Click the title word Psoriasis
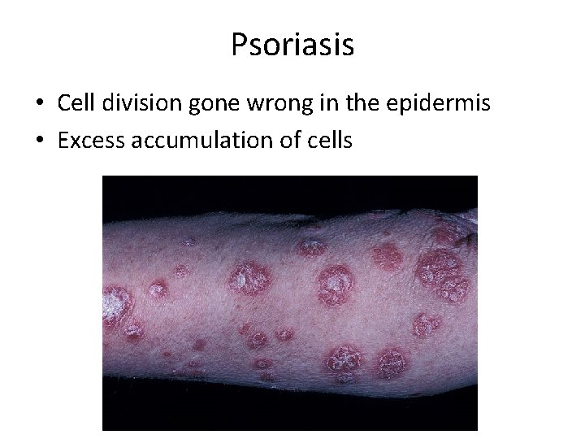pos(292,45)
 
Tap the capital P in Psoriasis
pos(238,45)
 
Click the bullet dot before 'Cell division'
pos(38,104)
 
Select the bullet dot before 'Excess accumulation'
pos(38,141)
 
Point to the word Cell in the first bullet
pos(75,102)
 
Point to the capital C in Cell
pos(63,102)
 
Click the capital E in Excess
pos(63,141)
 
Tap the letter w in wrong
pos(254,104)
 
